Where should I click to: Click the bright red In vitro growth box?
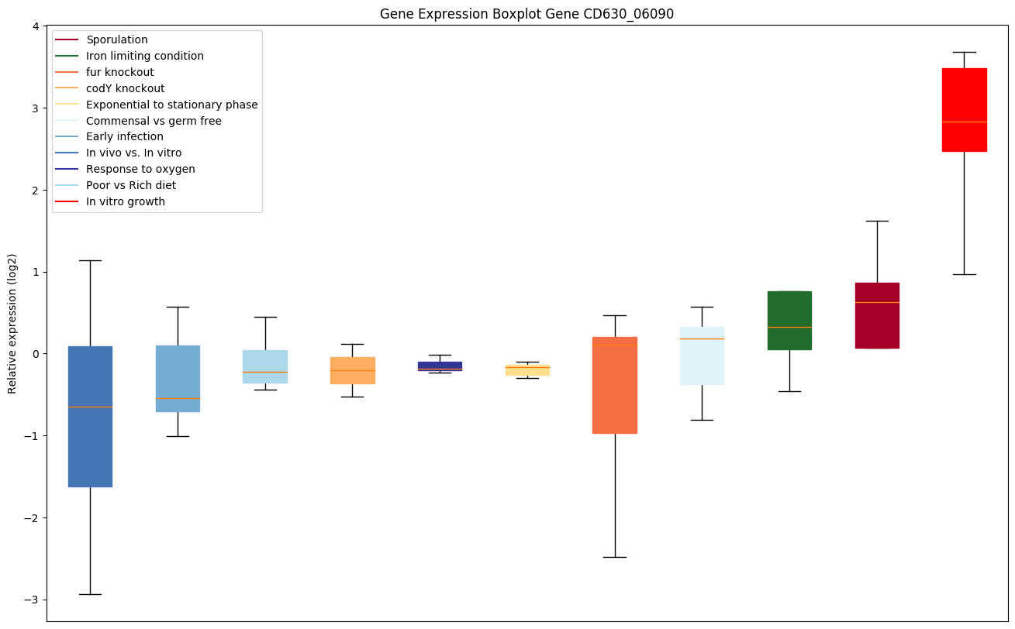click(x=964, y=109)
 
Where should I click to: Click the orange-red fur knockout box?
click(x=615, y=385)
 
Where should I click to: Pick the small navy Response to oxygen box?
click(x=440, y=366)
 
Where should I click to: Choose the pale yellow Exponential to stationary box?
click(x=527, y=370)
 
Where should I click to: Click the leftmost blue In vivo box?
click(x=90, y=416)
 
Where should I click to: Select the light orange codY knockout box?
click(x=353, y=370)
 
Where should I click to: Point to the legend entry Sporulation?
click(x=117, y=40)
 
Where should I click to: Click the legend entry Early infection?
click(x=125, y=137)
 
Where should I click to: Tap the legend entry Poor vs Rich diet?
click(x=131, y=186)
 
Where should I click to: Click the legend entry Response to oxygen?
click(x=140, y=170)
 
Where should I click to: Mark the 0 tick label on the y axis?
click(x=36, y=354)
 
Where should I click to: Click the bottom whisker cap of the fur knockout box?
click(x=615, y=557)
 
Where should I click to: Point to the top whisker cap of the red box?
click(x=964, y=52)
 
